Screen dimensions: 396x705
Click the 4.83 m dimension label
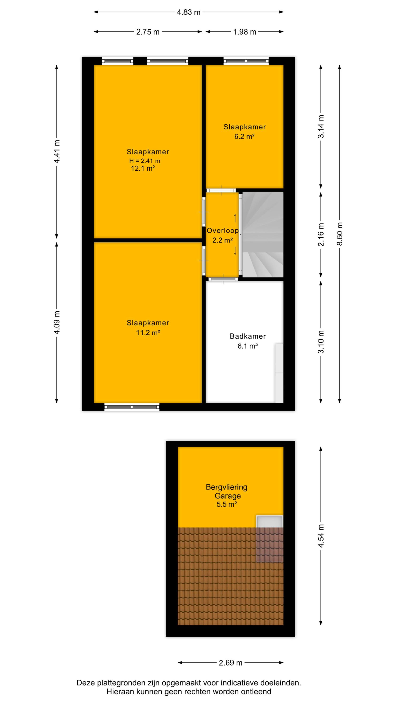[189, 12]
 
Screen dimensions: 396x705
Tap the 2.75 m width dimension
[148, 32]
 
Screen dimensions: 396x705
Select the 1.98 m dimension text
[245, 32]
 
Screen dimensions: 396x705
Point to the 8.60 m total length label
[340, 234]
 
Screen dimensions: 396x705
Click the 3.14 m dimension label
[321, 126]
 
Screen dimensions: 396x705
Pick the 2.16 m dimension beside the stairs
[321, 235]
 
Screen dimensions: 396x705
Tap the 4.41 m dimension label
[57, 151]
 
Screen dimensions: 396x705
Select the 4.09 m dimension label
[57, 322]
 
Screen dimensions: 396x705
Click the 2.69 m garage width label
[230, 662]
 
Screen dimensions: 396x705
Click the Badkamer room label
[247, 336]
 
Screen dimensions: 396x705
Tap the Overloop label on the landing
[222, 231]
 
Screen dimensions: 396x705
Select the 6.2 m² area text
[244, 136]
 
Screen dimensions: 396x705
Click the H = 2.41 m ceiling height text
[145, 161]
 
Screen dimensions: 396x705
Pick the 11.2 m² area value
[148, 333]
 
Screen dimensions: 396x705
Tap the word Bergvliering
[227, 487]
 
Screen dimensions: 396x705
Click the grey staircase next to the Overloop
[263, 235]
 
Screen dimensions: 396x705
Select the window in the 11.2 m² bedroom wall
[132, 407]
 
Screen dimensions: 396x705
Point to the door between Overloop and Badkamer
[223, 279]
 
